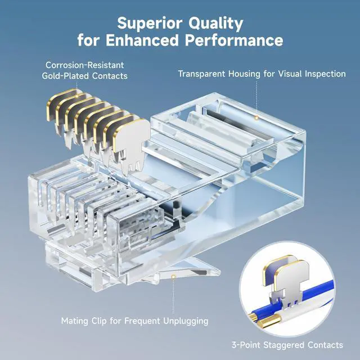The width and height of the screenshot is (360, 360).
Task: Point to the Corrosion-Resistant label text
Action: coord(85,65)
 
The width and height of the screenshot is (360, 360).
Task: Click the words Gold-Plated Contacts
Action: coord(85,76)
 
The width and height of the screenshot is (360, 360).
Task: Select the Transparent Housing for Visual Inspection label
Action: coord(262,74)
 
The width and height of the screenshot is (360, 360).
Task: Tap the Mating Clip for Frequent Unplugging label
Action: coord(134,321)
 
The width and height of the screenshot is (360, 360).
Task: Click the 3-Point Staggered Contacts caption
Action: coord(287,345)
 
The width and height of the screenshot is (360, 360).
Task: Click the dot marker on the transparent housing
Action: coord(256,118)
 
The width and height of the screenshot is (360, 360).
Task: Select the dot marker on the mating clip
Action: coord(174,277)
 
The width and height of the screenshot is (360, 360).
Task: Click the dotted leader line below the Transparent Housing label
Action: coord(256,98)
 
